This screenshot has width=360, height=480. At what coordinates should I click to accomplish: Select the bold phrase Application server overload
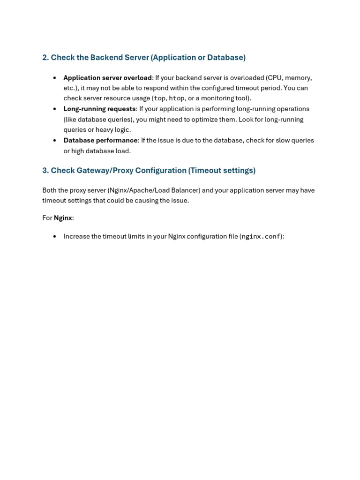(x=107, y=78)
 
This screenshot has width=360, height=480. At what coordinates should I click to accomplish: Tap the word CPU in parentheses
(x=274, y=78)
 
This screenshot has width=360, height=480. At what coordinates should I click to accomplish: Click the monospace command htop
(x=176, y=98)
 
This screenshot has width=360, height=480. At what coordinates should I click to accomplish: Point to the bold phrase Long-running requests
(x=99, y=109)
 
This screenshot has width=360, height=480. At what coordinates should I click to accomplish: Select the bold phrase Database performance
(x=100, y=140)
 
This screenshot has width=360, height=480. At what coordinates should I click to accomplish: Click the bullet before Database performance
(x=55, y=140)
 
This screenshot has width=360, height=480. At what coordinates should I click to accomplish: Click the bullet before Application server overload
(x=55, y=78)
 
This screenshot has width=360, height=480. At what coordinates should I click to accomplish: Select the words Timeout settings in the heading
(x=222, y=171)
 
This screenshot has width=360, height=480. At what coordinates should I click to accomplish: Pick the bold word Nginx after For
(x=63, y=218)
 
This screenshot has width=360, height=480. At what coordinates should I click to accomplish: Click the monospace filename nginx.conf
(x=261, y=237)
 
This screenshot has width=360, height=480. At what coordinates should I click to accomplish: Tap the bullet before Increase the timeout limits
(x=55, y=237)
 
